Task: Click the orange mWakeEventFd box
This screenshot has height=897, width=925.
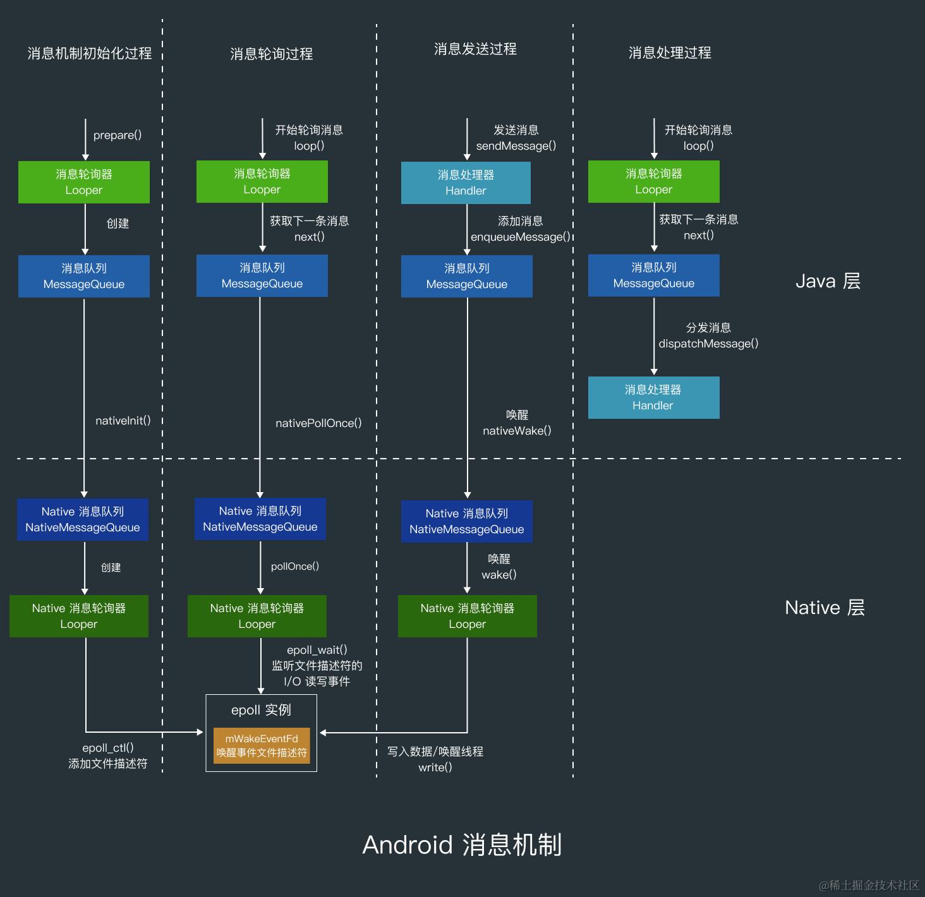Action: click(x=262, y=745)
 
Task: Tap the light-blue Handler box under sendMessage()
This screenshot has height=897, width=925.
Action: click(x=466, y=183)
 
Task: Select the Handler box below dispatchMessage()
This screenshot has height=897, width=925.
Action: click(x=653, y=397)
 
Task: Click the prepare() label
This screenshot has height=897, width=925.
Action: click(x=118, y=135)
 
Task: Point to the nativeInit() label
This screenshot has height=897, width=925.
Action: click(x=123, y=421)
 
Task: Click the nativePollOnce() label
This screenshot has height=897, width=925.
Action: click(x=318, y=423)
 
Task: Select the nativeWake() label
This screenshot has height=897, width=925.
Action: click(x=517, y=431)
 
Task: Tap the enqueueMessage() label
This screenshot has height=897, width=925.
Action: click(x=520, y=237)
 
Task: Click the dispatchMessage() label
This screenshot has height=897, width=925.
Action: click(x=708, y=344)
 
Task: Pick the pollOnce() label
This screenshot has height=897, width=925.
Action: click(x=295, y=567)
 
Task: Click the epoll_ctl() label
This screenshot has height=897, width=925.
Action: click(x=108, y=748)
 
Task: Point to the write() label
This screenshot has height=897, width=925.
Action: click(x=435, y=768)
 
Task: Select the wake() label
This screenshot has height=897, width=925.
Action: click(x=499, y=575)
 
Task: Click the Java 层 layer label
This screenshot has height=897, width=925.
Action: click(x=828, y=281)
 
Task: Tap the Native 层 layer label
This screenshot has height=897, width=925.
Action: click(x=825, y=608)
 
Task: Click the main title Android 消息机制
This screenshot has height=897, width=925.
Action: click(x=462, y=845)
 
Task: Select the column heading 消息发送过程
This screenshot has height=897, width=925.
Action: click(x=475, y=49)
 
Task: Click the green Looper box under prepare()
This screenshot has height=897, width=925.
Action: click(x=84, y=182)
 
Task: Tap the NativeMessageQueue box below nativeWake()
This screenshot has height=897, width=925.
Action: click(x=467, y=521)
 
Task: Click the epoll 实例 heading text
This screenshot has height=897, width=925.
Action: click(x=261, y=710)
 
